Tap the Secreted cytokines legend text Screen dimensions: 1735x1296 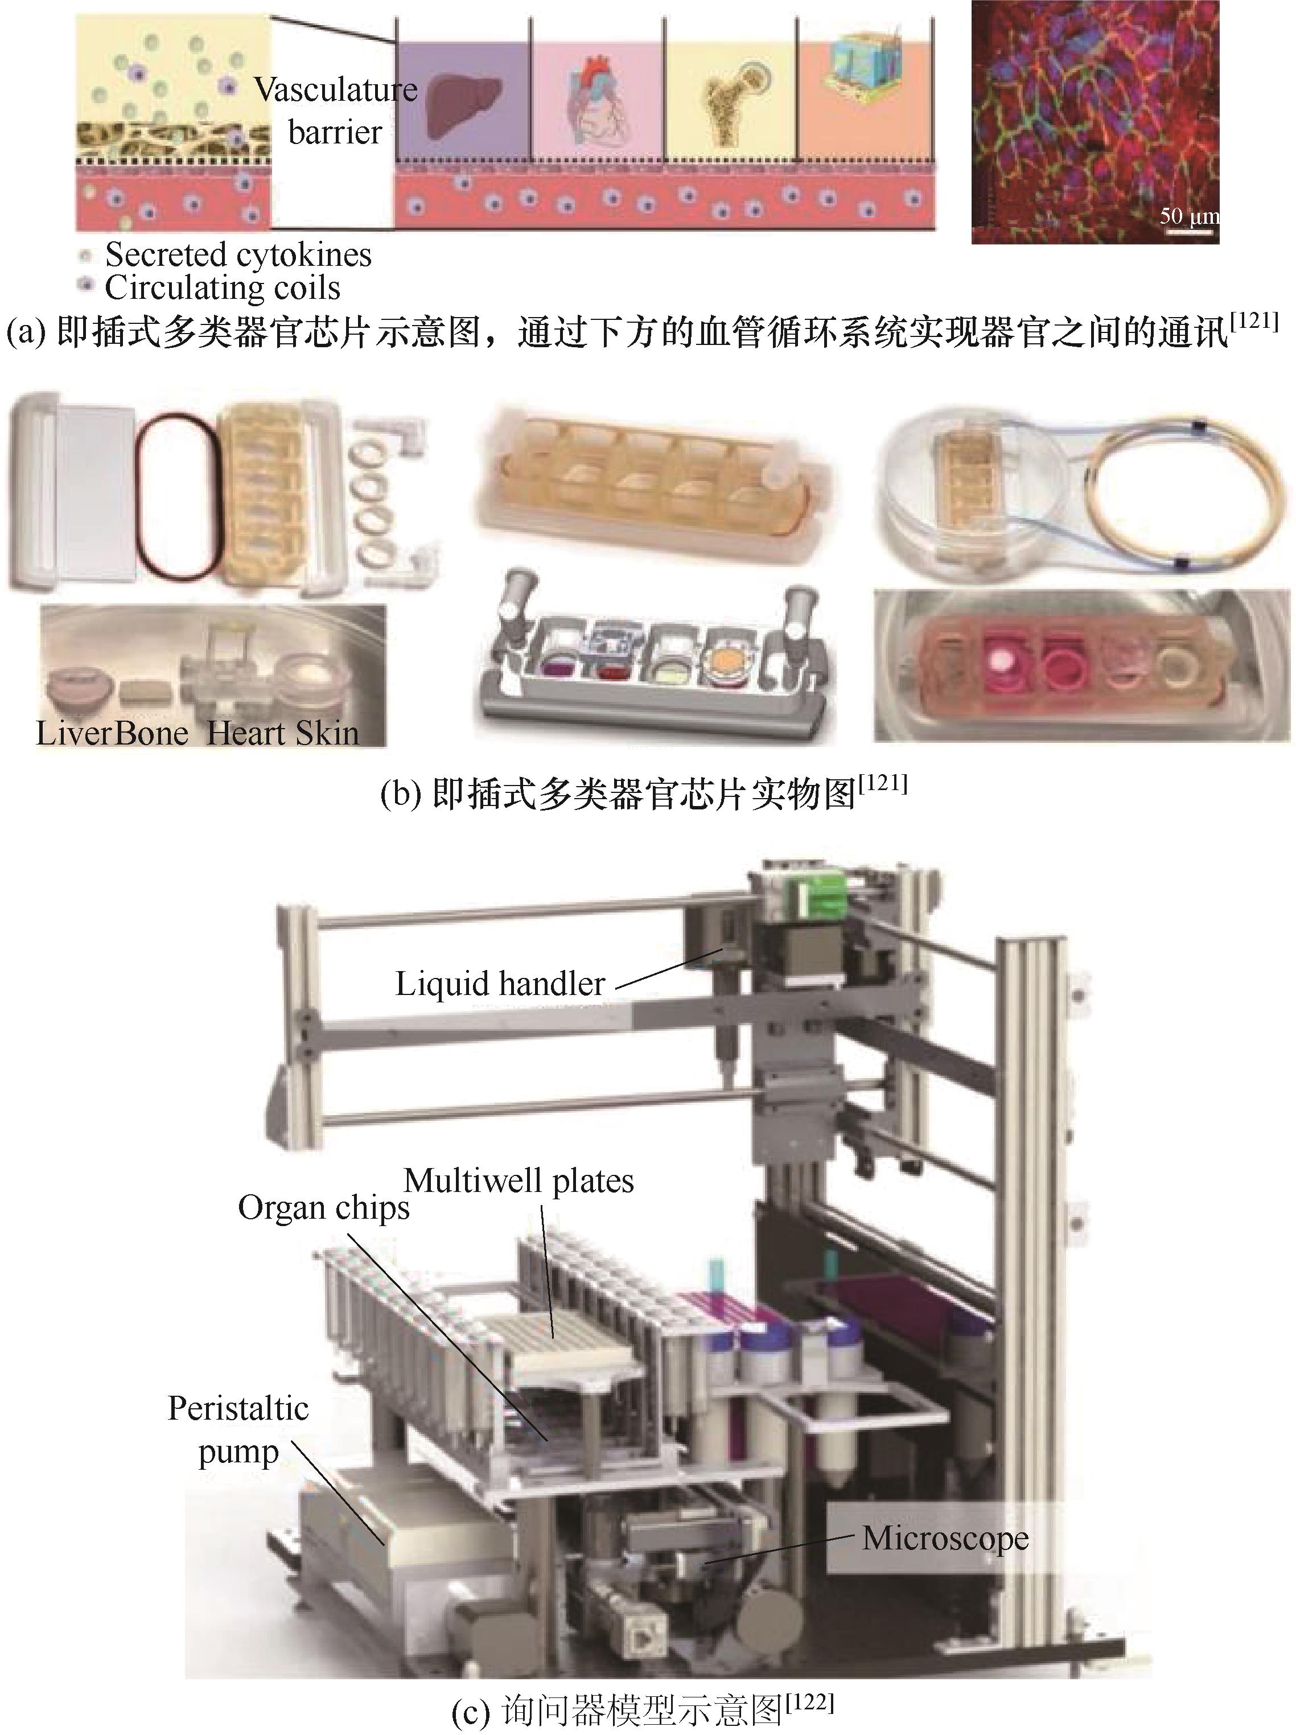pos(238,255)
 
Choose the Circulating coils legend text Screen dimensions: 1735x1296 pos(223,288)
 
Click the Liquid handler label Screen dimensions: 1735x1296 pos(500,984)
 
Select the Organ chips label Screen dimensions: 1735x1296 pos(323,1208)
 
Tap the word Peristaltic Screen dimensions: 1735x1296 pos(238,1408)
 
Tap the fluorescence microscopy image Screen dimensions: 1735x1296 pos(1095,122)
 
